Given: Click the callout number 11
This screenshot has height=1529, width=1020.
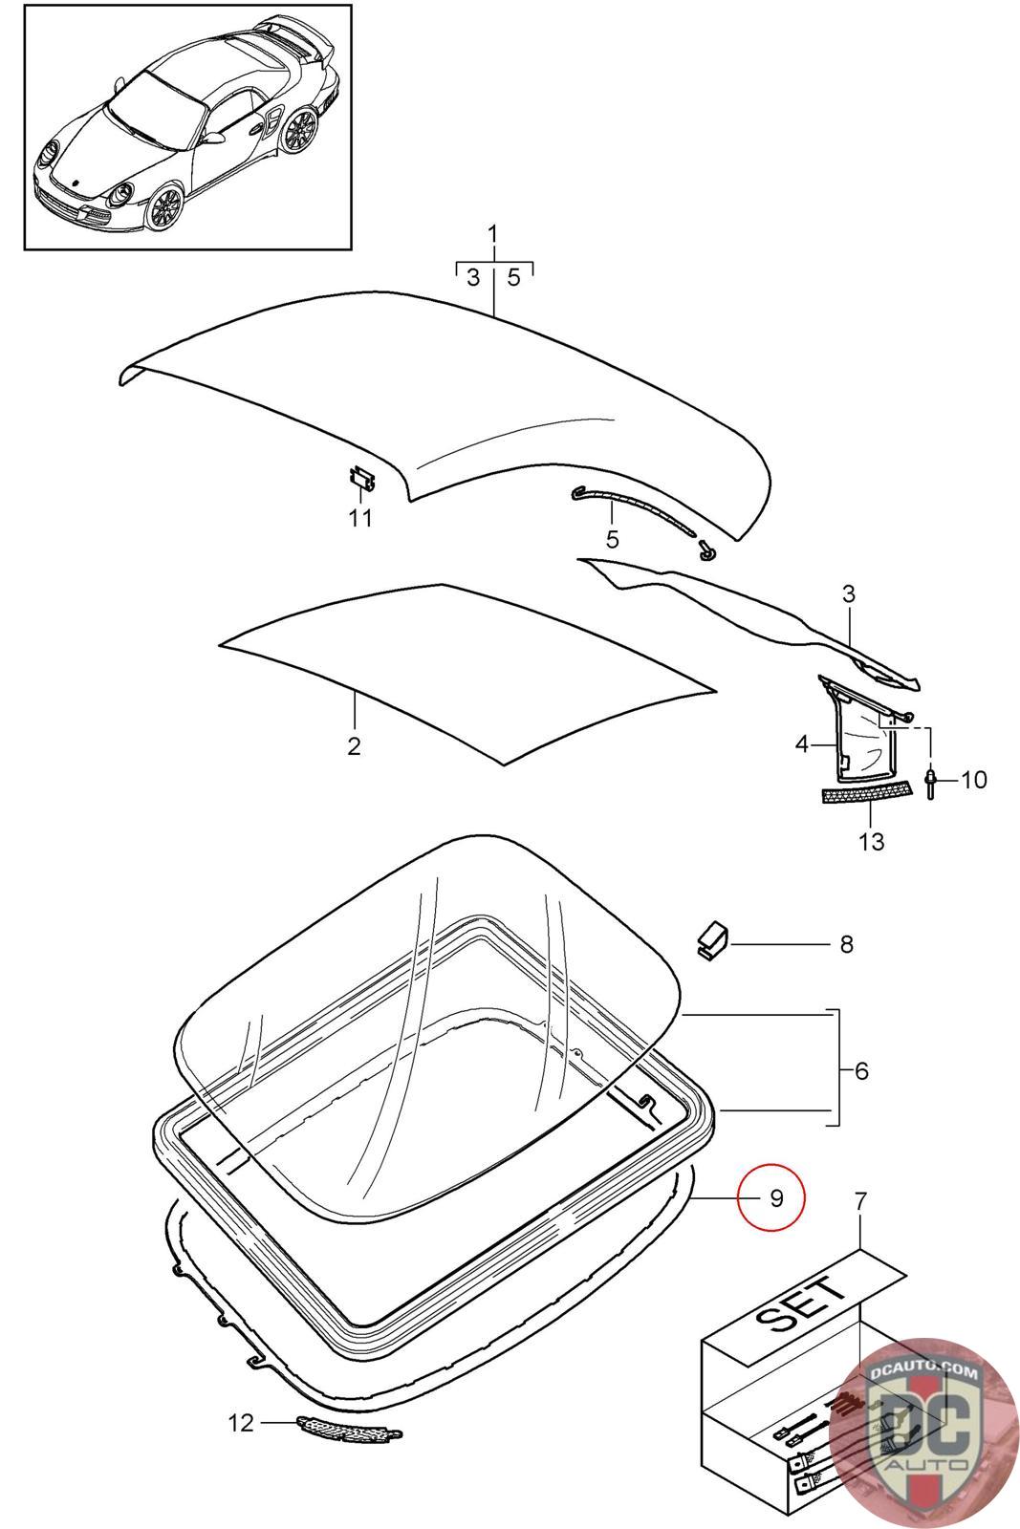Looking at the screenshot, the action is [x=360, y=518].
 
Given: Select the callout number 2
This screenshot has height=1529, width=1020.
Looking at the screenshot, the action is [x=354, y=746].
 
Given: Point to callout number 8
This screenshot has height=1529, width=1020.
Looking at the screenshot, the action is [x=847, y=944].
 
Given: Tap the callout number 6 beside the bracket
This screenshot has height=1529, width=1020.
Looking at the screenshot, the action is [x=861, y=1071].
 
